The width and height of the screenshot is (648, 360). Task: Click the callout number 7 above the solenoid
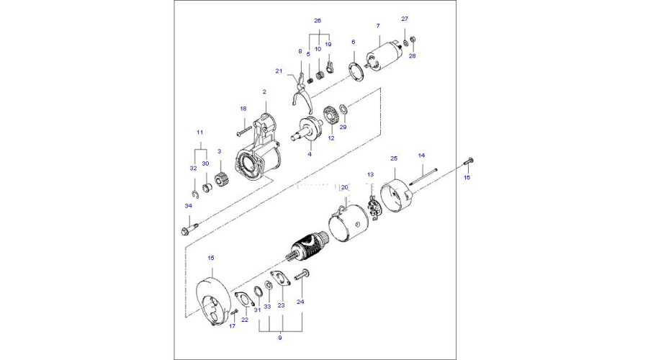[x=377, y=27]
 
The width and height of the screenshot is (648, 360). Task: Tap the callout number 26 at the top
[x=318, y=20]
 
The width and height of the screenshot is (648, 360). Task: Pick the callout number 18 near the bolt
[x=243, y=109]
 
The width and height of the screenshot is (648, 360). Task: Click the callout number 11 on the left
[x=200, y=132]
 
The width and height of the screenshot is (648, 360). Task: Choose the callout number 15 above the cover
[x=211, y=258]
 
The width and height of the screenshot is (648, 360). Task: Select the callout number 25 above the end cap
[x=394, y=158]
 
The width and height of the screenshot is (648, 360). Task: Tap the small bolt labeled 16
[x=467, y=161]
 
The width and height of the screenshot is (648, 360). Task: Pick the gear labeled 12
[x=331, y=115]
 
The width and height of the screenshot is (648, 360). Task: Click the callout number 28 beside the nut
[x=413, y=55]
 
